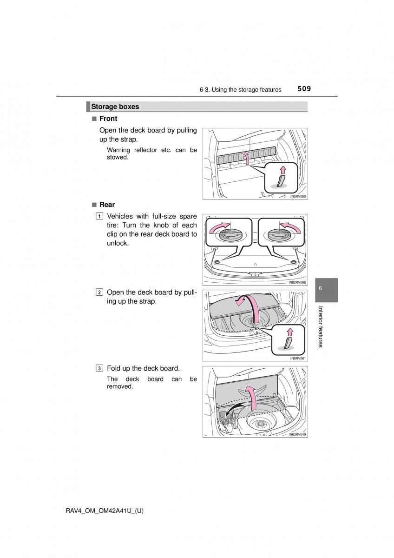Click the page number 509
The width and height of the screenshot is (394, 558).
pyautogui.click(x=305, y=89)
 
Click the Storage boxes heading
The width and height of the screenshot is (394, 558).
pyautogui.click(x=115, y=106)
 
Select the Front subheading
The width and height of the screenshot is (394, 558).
pyautogui.click(x=108, y=119)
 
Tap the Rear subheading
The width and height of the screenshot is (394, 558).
pyautogui.click(x=107, y=205)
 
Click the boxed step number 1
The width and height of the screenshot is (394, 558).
pyautogui.click(x=100, y=217)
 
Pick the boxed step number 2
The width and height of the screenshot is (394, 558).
pyautogui.click(x=100, y=292)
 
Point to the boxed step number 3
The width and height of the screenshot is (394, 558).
pyautogui.click(x=100, y=368)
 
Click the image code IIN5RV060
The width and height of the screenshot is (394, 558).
pyautogui.click(x=297, y=197)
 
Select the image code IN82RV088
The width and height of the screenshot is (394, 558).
pyautogui.click(x=297, y=282)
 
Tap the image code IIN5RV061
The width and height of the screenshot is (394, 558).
pyautogui.click(x=297, y=358)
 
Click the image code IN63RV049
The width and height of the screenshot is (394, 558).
pyautogui.click(x=297, y=435)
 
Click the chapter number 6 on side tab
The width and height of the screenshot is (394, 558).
pyautogui.click(x=321, y=289)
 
